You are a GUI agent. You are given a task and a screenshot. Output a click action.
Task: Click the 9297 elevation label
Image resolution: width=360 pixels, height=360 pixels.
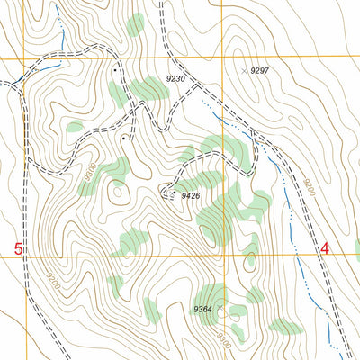[260, 70]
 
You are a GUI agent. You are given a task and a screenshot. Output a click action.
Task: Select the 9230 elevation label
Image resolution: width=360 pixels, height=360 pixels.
[175, 79]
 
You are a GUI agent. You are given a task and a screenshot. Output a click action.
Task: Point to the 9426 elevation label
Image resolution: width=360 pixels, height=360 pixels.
[190, 194]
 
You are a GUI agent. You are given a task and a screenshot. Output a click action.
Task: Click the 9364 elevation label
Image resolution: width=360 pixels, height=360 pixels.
[202, 309]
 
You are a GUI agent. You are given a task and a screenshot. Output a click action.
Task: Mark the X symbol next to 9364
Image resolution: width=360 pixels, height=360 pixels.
[219, 308]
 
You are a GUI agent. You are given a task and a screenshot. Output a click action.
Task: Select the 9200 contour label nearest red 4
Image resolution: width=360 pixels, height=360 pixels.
[309, 190]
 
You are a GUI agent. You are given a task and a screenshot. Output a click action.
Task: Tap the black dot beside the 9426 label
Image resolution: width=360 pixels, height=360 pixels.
[174, 193]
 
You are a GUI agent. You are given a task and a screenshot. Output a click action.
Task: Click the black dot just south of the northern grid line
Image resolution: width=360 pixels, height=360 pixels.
[116, 69]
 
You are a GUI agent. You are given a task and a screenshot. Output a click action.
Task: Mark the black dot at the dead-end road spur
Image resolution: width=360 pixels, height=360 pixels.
[123, 139]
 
